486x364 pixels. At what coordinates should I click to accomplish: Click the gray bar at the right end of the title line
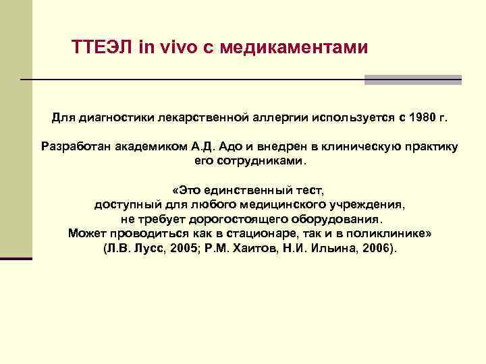[x=412, y=80]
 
